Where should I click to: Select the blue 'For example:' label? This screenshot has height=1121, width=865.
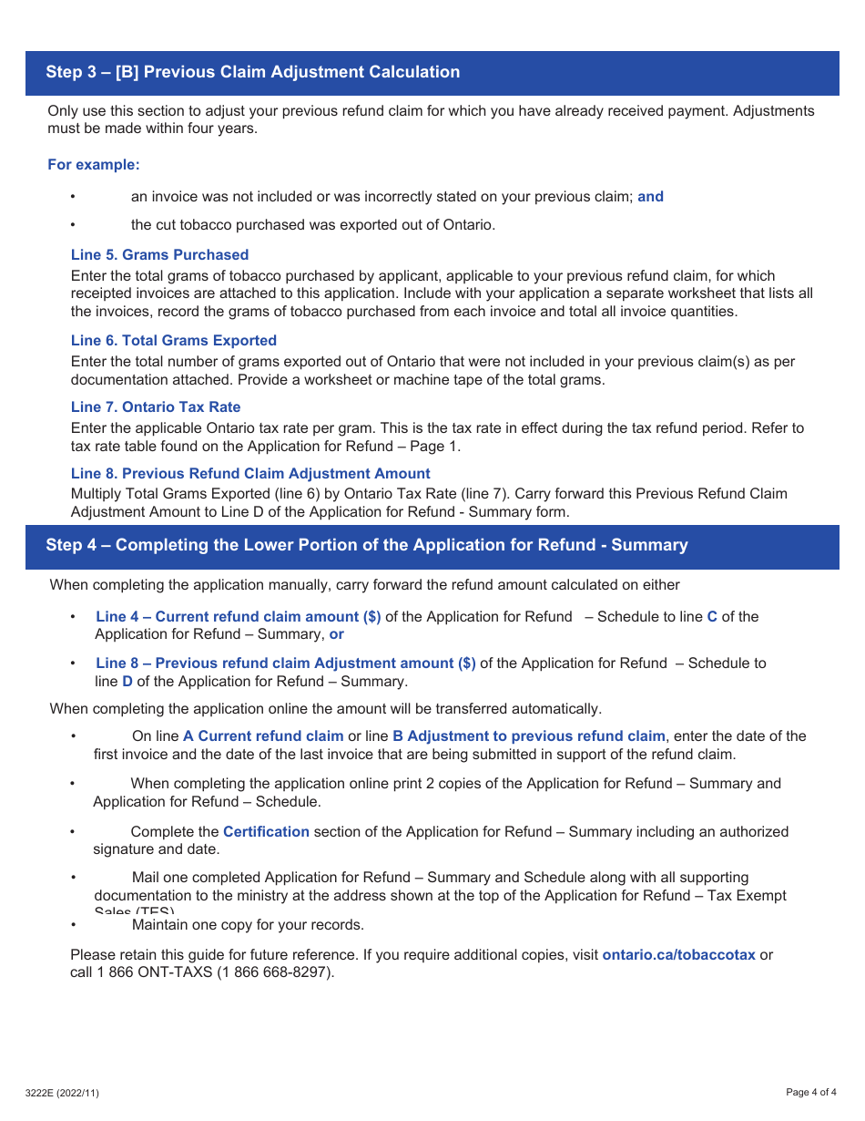94,165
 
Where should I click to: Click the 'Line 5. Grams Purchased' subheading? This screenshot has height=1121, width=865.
159,255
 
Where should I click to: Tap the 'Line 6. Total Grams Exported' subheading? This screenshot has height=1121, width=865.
173,341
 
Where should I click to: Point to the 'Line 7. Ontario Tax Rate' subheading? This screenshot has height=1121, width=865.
156,407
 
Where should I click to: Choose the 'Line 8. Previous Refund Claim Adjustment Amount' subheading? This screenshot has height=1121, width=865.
250,474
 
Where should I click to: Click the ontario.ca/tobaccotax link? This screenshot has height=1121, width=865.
678,955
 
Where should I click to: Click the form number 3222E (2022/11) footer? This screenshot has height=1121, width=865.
63,1093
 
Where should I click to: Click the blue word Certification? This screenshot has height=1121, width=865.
266,832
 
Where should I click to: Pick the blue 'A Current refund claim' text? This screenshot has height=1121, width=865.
263,736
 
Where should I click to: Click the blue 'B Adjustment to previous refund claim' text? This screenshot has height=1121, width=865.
528,736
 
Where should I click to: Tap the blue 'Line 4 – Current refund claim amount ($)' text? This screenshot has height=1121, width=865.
239,617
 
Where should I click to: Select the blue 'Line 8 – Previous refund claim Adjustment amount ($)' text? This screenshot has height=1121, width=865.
285,663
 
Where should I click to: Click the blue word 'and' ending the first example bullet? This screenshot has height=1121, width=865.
650,197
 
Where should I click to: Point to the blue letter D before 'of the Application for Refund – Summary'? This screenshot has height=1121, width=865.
127,682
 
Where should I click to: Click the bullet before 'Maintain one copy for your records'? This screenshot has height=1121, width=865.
73,925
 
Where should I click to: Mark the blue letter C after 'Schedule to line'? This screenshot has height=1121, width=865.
712,617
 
